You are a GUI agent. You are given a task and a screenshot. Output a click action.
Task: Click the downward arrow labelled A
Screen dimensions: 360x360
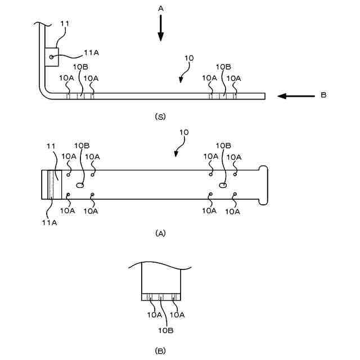click(x=160, y=28)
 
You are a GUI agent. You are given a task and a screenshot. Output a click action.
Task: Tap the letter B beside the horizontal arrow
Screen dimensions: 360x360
click(x=323, y=95)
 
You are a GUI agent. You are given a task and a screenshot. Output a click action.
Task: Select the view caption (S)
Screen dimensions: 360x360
click(x=160, y=117)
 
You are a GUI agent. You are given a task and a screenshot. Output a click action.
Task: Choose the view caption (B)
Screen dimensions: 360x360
click(x=160, y=350)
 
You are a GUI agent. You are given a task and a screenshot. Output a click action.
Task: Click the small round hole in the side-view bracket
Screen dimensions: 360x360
click(x=51, y=56)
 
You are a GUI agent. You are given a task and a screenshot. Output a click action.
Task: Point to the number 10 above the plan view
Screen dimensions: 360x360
click(x=184, y=133)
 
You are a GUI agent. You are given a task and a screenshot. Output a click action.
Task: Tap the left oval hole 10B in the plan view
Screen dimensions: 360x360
click(x=80, y=184)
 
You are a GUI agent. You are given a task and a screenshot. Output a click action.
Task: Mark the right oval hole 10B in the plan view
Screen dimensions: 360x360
click(x=223, y=184)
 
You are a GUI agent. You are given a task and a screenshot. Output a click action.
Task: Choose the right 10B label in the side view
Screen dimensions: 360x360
click(x=224, y=67)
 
